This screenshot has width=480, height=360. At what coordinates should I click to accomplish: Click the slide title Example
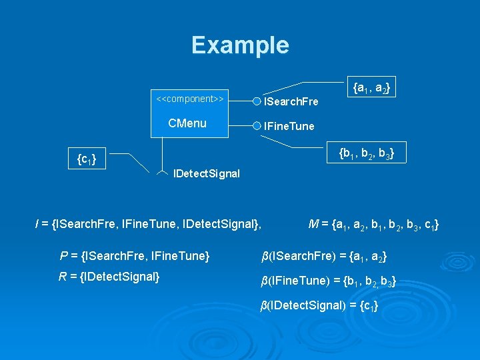[240, 45]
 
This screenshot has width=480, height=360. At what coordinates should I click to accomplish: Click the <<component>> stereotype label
[189, 99]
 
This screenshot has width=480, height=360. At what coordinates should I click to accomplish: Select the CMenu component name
[187, 123]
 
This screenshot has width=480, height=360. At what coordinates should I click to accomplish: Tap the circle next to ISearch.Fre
[257, 101]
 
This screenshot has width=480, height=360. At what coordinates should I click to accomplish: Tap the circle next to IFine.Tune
[257, 125]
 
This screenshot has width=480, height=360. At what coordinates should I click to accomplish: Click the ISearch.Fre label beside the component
[291, 102]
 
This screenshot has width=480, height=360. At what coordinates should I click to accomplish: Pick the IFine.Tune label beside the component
[289, 126]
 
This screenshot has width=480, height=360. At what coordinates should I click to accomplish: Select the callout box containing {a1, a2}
[371, 87]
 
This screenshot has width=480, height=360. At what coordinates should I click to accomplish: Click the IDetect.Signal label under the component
[206, 175]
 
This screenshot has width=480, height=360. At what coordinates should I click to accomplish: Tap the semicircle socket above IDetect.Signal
[162, 173]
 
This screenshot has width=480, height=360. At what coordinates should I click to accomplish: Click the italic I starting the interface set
[37, 224]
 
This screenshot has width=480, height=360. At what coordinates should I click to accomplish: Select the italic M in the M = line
[313, 223]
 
